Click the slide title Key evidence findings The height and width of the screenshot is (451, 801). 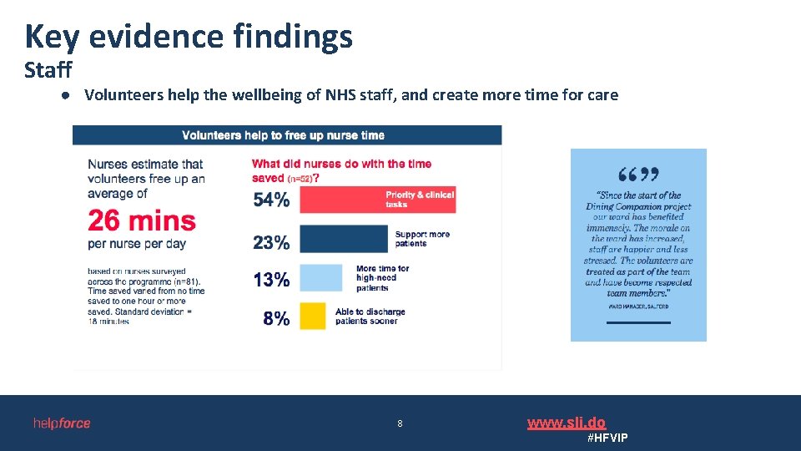click(x=189, y=37)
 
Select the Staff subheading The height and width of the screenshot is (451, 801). click(x=48, y=69)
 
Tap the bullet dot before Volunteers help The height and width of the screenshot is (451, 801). click(x=63, y=95)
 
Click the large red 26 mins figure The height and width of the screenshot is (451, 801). click(x=142, y=221)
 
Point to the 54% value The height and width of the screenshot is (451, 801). click(x=271, y=200)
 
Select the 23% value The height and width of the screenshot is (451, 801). click(x=271, y=242)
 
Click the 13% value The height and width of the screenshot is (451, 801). click(x=271, y=280)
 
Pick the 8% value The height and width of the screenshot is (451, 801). click(x=276, y=318)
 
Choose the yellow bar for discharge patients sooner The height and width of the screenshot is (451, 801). click(x=312, y=316)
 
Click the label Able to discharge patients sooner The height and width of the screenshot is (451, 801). click(x=370, y=316)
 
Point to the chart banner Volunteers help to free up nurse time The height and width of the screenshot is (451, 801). click(x=283, y=135)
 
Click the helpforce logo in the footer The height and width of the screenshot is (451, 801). click(x=62, y=423)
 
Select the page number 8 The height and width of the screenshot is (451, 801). click(x=400, y=423)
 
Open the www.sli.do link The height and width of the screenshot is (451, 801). click(x=566, y=423)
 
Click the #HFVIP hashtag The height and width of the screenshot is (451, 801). click(x=607, y=438)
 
